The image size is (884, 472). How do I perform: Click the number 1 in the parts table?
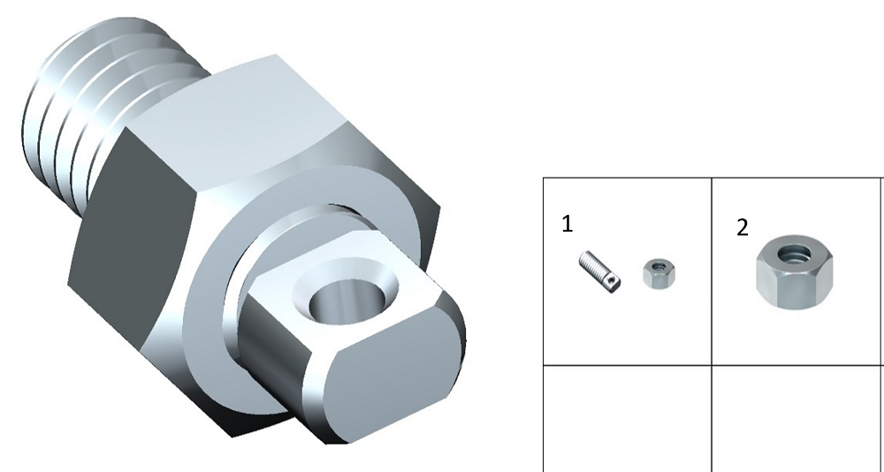point(568,224)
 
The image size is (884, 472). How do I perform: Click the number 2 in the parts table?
point(743,227)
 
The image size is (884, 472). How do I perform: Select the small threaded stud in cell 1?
point(599,272)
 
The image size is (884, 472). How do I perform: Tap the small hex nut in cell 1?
point(659,273)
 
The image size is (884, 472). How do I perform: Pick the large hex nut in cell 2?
point(794,272)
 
